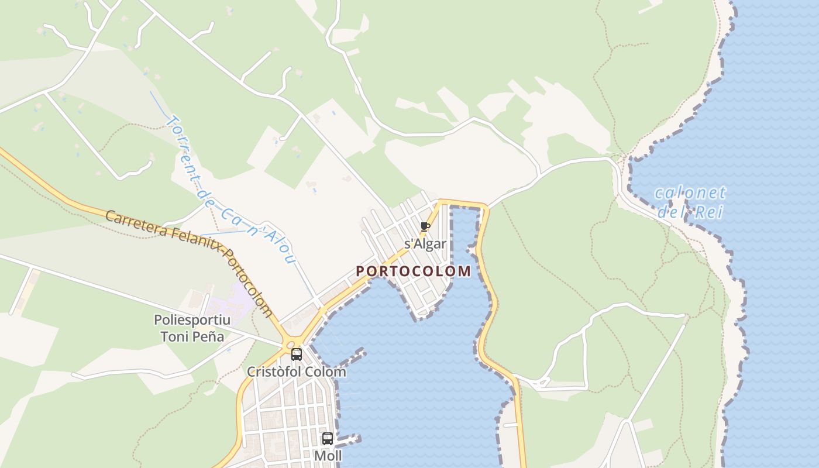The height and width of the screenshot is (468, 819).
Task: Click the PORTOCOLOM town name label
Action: coord(413,271)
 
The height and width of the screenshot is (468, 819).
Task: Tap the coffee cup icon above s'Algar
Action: coord(425,226)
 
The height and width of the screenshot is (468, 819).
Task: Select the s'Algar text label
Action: coord(425,244)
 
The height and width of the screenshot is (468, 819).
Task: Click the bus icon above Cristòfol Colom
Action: coord(297,354)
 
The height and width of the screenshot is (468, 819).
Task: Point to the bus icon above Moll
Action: coord(328,438)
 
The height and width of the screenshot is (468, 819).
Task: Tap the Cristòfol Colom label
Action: coord(296,371)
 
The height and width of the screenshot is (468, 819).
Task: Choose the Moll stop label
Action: coord(328,455)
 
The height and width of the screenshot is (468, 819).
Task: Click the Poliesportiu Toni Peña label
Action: coord(192,328)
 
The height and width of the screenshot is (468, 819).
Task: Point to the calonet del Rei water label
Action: coord(690,202)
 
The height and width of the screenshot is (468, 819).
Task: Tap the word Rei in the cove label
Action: coord(709,212)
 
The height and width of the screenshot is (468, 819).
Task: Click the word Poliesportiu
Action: coord(192,320)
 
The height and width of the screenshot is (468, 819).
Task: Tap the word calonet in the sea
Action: coord(690,192)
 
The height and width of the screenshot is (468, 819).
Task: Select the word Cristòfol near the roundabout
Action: coord(271,371)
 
